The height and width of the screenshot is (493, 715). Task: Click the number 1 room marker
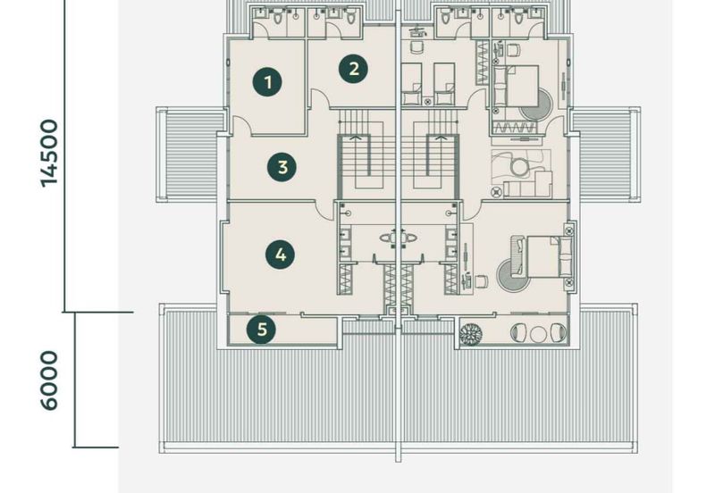pyautogui.click(x=268, y=82)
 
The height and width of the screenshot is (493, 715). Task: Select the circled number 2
pyautogui.click(x=353, y=69)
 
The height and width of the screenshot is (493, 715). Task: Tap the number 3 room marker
pyautogui.click(x=282, y=167)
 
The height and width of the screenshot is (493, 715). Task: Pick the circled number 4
pyautogui.click(x=281, y=255)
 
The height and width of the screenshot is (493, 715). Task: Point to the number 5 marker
pyautogui.click(x=261, y=329)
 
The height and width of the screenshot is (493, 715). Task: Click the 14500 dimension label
pyautogui.click(x=49, y=154)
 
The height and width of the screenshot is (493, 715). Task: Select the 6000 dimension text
pyautogui.click(x=49, y=380)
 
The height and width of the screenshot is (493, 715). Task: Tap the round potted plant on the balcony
pyautogui.click(x=471, y=333)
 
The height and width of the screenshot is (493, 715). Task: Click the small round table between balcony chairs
pyautogui.click(x=538, y=334)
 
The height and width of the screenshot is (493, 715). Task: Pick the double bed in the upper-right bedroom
pyautogui.click(x=517, y=87)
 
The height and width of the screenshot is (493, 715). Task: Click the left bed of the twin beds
pyautogui.click(x=411, y=84)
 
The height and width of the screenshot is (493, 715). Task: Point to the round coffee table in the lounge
pyautogui.click(x=519, y=167)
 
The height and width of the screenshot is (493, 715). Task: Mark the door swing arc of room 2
pyautogui.click(x=318, y=96)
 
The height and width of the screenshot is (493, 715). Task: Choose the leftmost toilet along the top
pyautogui.click(x=278, y=17)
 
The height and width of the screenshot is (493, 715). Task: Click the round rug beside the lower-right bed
pyautogui.click(x=509, y=276)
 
